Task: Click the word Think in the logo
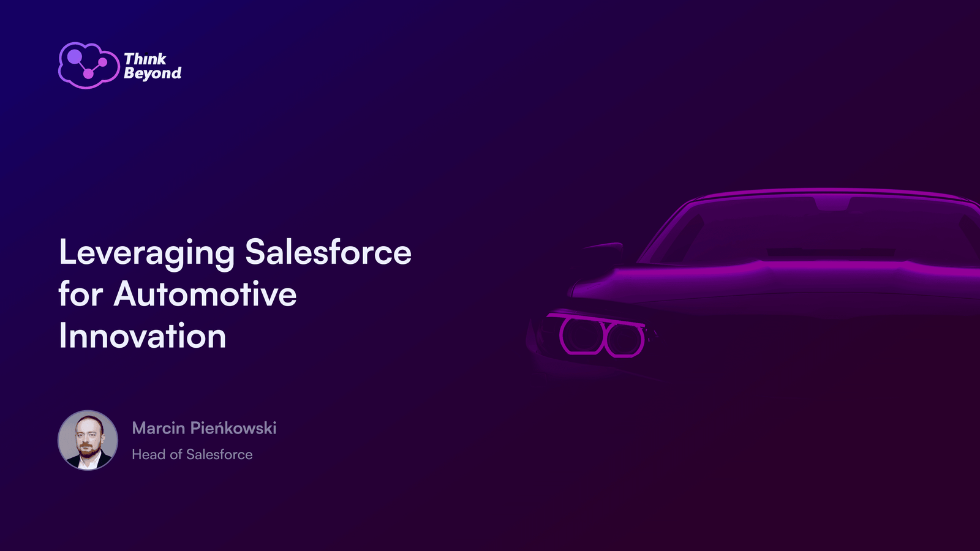coord(145,59)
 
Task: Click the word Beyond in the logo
coord(153,73)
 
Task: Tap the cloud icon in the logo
coord(89,65)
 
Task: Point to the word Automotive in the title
coord(205,294)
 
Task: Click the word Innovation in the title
coord(143,336)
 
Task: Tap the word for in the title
coord(81,293)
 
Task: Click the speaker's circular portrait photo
coord(88,440)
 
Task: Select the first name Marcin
coord(159,428)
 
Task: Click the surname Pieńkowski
coord(233,428)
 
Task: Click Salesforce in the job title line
coord(219,454)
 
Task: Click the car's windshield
coord(814,230)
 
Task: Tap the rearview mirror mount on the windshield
coord(832,203)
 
